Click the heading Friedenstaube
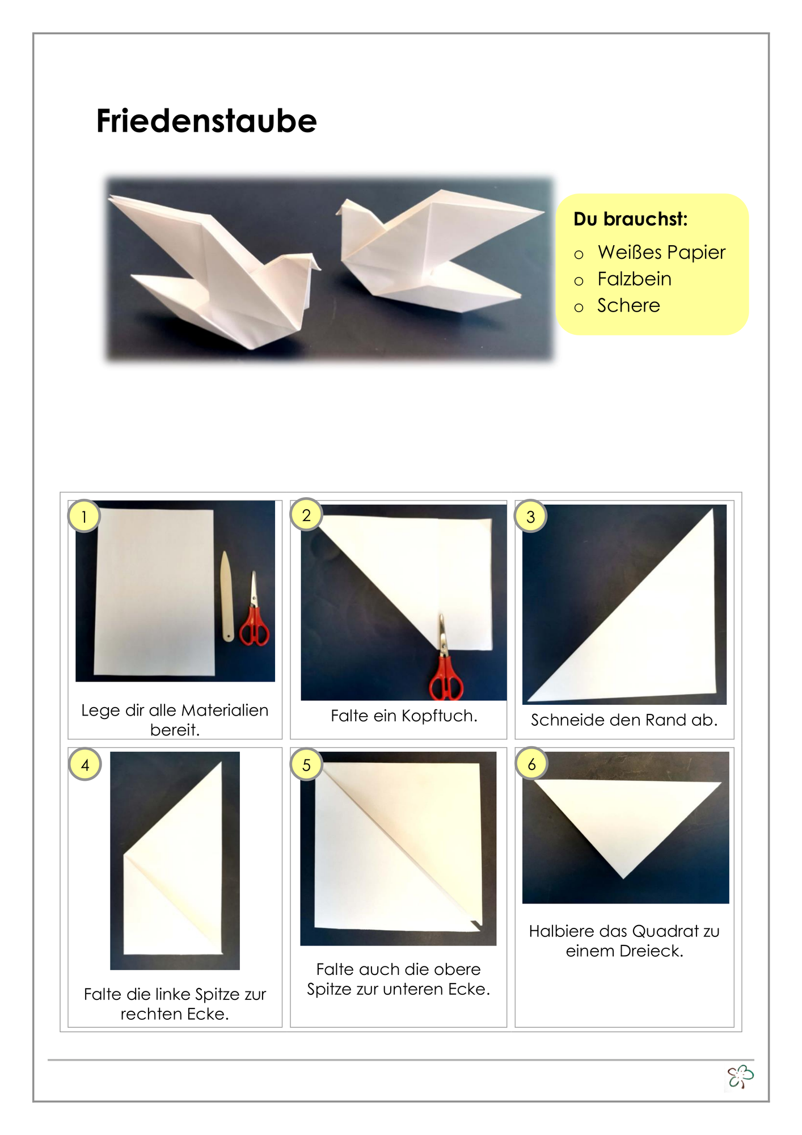(x=206, y=121)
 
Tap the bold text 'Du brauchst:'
(x=630, y=219)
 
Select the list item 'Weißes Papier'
(x=661, y=252)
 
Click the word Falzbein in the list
(x=634, y=279)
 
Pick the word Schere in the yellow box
(x=628, y=305)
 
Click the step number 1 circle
(x=84, y=516)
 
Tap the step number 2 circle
(x=306, y=515)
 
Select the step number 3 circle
(x=530, y=516)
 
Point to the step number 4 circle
(x=85, y=764)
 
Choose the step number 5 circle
(x=306, y=764)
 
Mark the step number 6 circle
(x=531, y=764)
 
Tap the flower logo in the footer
(x=741, y=1077)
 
